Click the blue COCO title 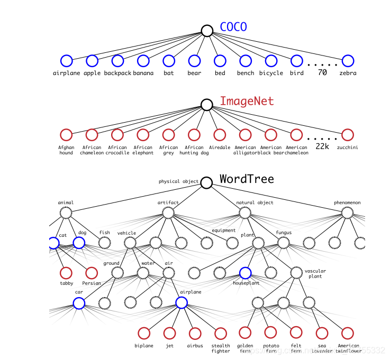click(233, 26)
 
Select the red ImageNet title click(247, 101)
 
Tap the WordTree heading click(247, 179)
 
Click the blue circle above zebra click(348, 61)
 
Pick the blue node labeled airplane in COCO click(66, 61)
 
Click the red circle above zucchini click(348, 135)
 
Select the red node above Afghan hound click(66, 135)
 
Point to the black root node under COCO click(207, 31)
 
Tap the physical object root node click(206, 182)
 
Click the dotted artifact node click(168, 213)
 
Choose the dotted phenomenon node click(347, 213)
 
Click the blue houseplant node click(245, 273)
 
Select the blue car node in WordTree click(79, 303)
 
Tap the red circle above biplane click(144, 333)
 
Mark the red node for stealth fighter click(221, 333)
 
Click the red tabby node click(66, 273)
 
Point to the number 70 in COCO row click(322, 72)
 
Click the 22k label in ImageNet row click(322, 146)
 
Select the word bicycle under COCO click(271, 73)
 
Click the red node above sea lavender click(322, 333)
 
